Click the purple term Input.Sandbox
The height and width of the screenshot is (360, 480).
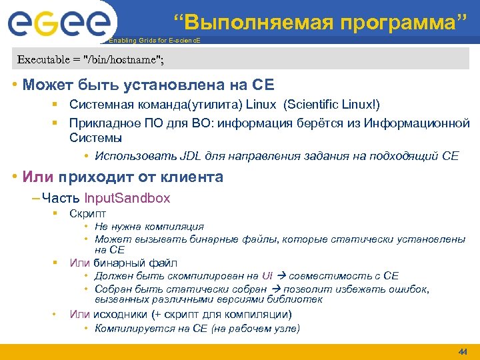pyautogui.click(x=127, y=198)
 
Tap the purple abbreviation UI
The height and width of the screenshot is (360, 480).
pyautogui.click(x=267, y=275)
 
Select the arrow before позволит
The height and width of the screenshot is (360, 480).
pyautogui.click(x=278, y=289)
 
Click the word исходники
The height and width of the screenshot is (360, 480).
pyautogui.click(x=119, y=314)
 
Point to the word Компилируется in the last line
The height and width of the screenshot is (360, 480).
pyautogui.click(x=127, y=328)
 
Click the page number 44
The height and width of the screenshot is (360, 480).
pyautogui.click(x=462, y=351)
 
